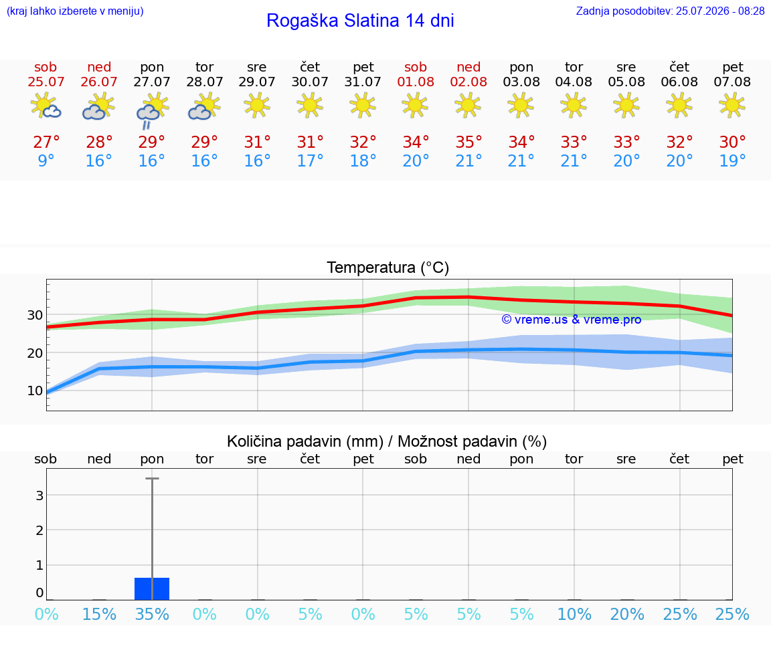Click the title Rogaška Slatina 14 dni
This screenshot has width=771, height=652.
pos(360,21)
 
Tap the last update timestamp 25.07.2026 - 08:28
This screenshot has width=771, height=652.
pos(720,11)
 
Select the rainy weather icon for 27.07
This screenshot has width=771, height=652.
pos(152,112)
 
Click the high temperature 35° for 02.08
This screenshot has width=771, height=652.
pos(468,142)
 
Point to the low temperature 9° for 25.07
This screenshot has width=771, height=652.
pos(46,160)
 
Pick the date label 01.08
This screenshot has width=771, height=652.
pos(416,82)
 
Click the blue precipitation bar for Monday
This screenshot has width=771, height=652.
pos(152,588)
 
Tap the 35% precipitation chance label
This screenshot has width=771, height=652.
pos(152,614)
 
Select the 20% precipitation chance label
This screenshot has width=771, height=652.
pos(627,614)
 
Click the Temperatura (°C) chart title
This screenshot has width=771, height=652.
pos(388,267)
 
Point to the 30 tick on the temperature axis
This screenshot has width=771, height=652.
pos(34,315)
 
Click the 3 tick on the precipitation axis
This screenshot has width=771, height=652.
pos(40,496)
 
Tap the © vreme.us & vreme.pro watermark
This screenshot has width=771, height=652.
pos(572,320)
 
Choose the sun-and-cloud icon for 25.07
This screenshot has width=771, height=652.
pos(46,105)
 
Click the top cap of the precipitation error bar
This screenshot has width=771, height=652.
pos(152,478)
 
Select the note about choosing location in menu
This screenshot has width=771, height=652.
pos(75,11)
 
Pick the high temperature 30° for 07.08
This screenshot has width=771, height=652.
pos(732,142)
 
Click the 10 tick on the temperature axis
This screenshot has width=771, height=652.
pos(34,391)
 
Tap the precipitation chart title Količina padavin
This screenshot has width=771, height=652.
pos(305,441)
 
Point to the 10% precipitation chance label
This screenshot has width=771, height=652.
pos(574,614)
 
